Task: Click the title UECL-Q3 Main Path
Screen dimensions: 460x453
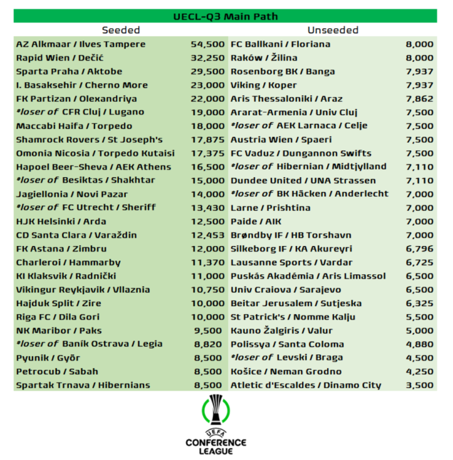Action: pos(225,16)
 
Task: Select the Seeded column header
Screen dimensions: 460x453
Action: pos(121,30)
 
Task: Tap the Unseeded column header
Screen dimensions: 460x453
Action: pos(333,30)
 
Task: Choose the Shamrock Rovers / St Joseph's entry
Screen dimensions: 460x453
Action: pos(90,139)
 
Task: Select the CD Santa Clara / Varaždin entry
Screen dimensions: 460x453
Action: pos(77,235)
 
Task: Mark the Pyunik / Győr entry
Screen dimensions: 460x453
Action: pos(48,358)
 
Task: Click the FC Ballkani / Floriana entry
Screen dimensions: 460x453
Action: pos(281,44)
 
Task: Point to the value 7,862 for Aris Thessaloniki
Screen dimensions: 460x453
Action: pos(419,99)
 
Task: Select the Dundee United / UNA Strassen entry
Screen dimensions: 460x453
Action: pos(303,180)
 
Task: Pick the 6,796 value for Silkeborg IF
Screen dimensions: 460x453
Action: pos(419,248)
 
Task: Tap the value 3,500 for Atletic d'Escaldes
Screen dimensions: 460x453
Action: pos(419,385)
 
